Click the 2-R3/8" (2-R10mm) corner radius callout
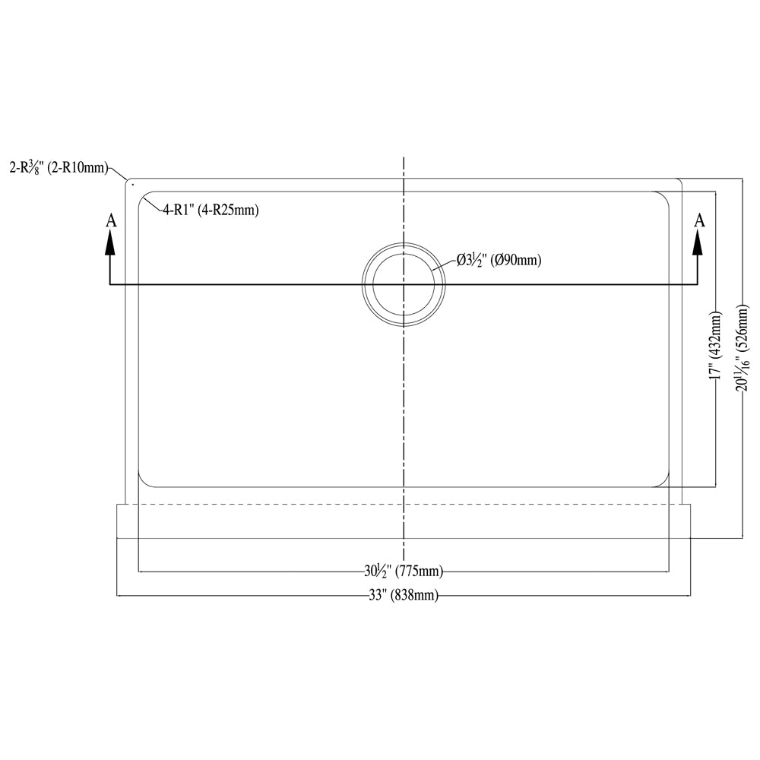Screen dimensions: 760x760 point(59,168)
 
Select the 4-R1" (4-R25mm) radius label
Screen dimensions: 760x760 point(211,210)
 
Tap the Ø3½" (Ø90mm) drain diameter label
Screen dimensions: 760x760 point(499,261)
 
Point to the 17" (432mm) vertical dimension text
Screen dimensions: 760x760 point(716,345)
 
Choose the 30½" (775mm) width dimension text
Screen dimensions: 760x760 point(404,572)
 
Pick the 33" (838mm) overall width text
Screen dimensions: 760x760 point(404,595)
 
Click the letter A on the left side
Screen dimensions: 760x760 point(111,220)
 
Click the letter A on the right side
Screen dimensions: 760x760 point(699,220)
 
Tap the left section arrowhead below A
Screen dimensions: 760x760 point(110,242)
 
